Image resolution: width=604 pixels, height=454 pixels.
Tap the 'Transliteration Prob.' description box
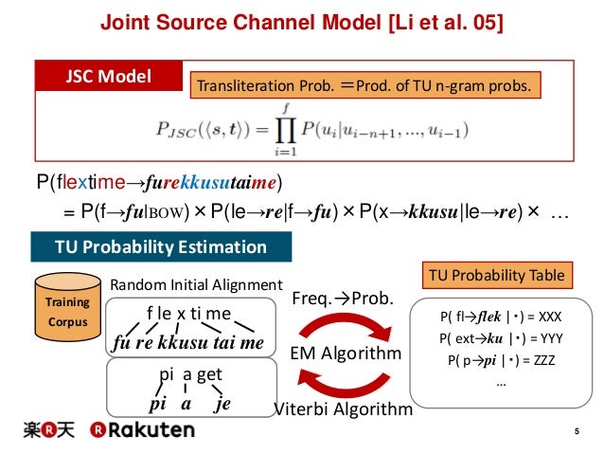click(x=364, y=87)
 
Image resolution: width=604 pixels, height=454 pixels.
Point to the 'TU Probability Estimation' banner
click(x=160, y=248)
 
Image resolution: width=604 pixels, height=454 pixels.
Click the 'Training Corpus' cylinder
click(x=67, y=307)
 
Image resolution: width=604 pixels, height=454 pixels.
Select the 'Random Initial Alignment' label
click(x=197, y=283)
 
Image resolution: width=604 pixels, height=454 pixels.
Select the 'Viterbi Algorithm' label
click(x=343, y=409)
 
